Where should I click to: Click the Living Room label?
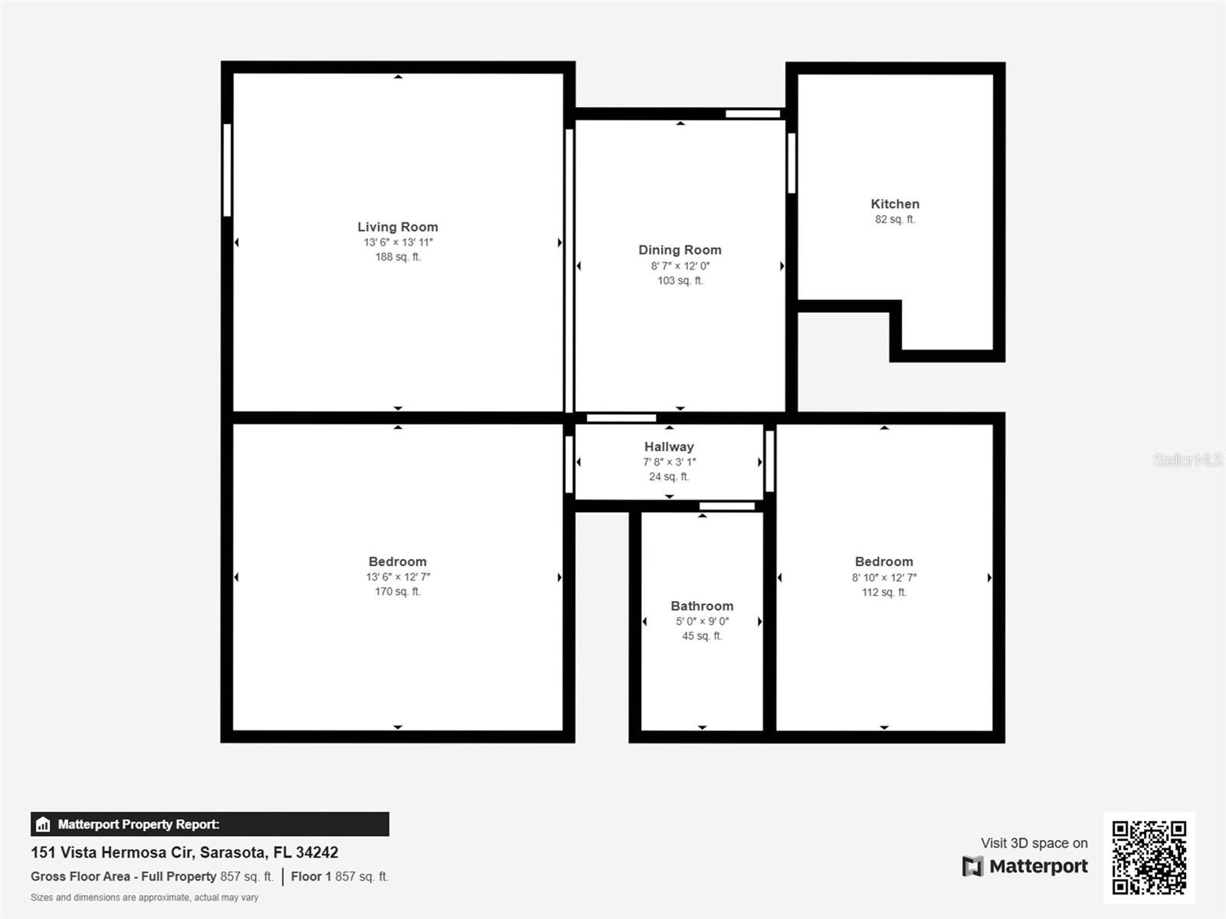pyautogui.click(x=398, y=227)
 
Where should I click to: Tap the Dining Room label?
pyautogui.click(x=680, y=250)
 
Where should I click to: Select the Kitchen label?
pyautogui.click(x=895, y=204)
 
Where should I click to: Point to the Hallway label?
pyautogui.click(x=669, y=447)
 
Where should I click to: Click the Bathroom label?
pyautogui.click(x=702, y=606)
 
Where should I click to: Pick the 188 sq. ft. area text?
pyautogui.click(x=398, y=257)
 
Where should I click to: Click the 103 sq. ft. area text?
pyautogui.click(x=680, y=280)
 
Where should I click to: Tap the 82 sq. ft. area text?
pyautogui.click(x=895, y=220)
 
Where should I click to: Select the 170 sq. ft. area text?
pyautogui.click(x=398, y=591)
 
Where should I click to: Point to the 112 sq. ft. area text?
pyautogui.click(x=884, y=593)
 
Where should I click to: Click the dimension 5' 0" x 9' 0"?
pyautogui.click(x=702, y=622)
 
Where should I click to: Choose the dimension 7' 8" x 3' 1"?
pyautogui.click(x=669, y=462)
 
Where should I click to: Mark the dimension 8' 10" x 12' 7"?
pyautogui.click(x=884, y=577)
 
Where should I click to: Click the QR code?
pyautogui.click(x=1149, y=858)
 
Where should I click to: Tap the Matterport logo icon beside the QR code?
pyautogui.click(x=972, y=866)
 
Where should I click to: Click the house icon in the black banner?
pyautogui.click(x=43, y=824)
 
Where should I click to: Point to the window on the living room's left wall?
pyautogui.click(x=228, y=170)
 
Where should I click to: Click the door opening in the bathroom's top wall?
pyautogui.click(x=727, y=506)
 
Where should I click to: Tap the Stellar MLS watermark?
pyautogui.click(x=1188, y=459)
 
